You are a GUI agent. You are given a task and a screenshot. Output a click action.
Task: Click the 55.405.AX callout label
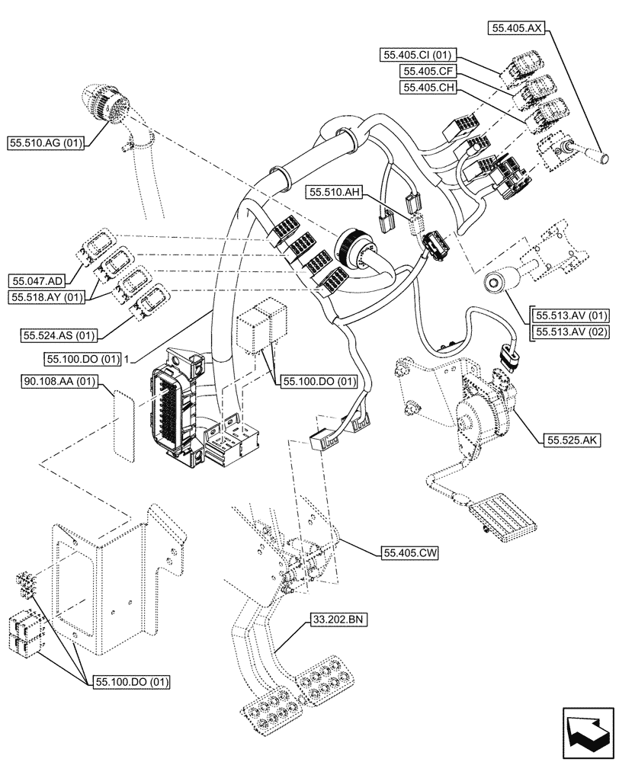pyautogui.click(x=516, y=28)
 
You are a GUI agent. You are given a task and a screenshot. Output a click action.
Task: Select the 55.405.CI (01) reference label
pyautogui.click(x=419, y=55)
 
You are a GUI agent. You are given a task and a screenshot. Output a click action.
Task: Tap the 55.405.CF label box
pyautogui.click(x=428, y=71)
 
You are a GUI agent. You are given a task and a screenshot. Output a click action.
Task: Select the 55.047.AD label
pyautogui.click(x=36, y=280)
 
